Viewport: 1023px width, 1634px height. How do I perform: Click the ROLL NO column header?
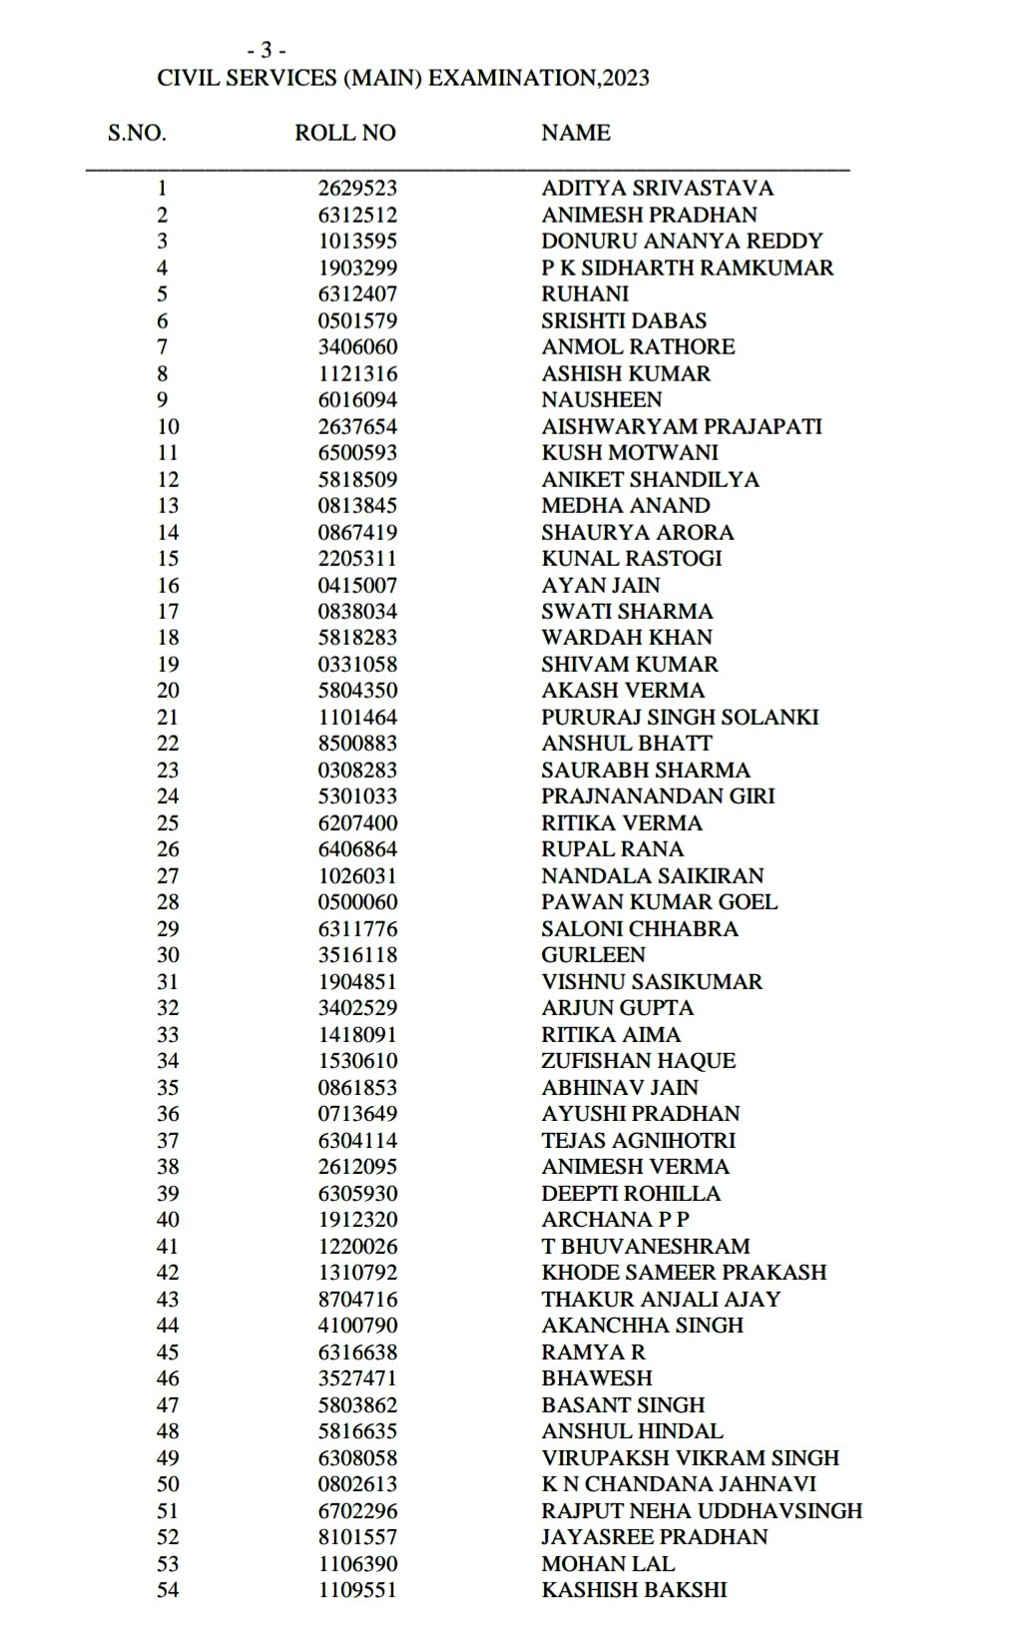pos(344,133)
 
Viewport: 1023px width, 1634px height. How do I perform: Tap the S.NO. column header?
pos(137,133)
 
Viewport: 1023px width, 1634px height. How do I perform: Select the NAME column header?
pos(576,133)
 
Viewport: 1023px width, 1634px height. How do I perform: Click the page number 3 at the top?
pos(266,50)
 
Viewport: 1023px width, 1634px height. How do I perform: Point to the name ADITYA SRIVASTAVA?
pos(657,188)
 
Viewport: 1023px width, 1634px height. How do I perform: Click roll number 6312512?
pos(357,215)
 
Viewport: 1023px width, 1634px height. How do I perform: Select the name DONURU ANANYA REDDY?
pos(682,241)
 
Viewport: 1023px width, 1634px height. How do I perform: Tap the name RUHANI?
pos(585,293)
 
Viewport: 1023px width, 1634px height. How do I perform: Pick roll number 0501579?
pos(357,320)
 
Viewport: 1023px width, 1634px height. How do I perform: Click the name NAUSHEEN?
pos(601,399)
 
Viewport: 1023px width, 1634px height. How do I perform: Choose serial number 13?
pos(168,505)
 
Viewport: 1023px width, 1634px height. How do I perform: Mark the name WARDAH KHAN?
pos(627,637)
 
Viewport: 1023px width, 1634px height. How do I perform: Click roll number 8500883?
pos(357,743)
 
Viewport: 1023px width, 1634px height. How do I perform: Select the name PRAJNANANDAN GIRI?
pos(658,796)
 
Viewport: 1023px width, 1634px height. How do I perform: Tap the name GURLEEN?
pos(593,954)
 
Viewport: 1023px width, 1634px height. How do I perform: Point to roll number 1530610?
pos(357,1060)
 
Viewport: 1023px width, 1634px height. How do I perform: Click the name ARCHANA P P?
pos(615,1219)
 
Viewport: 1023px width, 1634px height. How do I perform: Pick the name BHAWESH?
pos(596,1377)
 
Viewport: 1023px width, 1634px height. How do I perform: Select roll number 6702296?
pos(357,1510)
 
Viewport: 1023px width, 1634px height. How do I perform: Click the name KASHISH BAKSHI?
pos(634,1589)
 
